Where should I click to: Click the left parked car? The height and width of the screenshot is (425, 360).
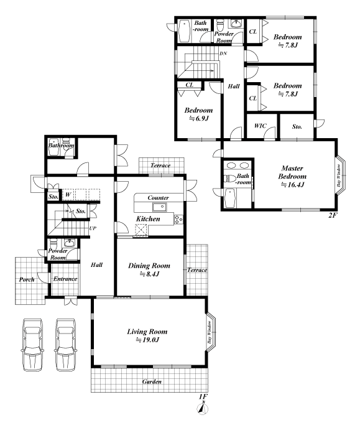coord(32,345)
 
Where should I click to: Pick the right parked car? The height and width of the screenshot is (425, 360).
coord(65,345)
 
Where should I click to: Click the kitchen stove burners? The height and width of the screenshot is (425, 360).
coord(178,219)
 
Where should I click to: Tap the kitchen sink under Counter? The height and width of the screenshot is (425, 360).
coord(160,207)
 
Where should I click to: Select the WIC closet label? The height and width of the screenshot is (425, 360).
coord(260,126)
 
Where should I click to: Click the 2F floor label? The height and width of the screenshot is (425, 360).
coord(333,215)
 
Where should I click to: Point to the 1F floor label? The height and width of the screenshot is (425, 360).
coord(203,396)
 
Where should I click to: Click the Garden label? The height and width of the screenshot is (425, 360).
coord(152,381)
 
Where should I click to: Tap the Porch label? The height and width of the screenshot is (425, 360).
coord(27,279)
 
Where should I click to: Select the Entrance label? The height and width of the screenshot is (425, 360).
coord(65,279)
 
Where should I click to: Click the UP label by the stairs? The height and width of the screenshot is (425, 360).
coord(93,228)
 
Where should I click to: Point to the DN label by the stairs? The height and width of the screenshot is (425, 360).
coord(223,54)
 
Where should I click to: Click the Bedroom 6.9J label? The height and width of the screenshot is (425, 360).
coord(198,114)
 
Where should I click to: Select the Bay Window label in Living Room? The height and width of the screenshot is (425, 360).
coord(210,332)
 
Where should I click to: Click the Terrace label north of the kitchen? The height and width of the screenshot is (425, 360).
coord(160,166)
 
